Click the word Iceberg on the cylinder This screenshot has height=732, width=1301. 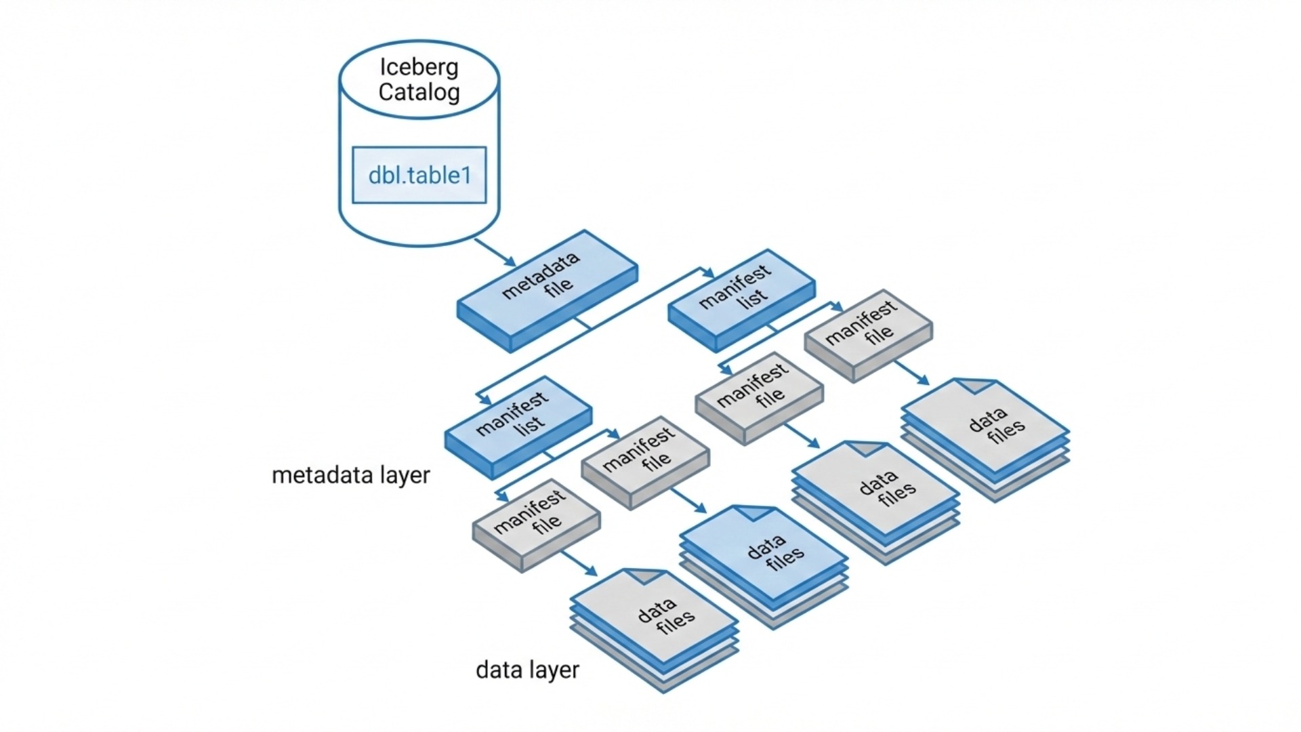(419, 67)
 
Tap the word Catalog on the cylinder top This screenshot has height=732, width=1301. (419, 92)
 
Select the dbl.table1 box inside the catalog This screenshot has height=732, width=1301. (419, 175)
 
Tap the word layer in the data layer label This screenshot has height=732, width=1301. (550, 670)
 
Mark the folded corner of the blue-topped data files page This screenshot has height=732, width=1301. (755, 512)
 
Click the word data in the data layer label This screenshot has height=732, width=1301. (498, 670)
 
